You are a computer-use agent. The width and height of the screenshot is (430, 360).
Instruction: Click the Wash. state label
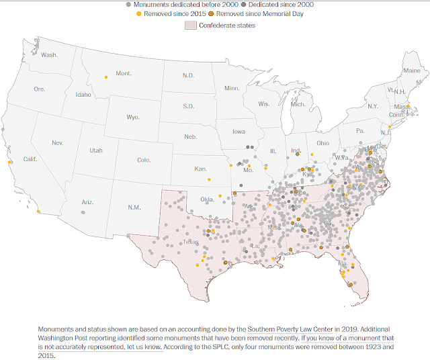click(x=49, y=54)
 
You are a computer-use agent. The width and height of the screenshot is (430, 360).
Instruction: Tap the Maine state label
click(x=411, y=70)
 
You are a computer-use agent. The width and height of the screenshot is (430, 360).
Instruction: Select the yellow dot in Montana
click(x=105, y=78)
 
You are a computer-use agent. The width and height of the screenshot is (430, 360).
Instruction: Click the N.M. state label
click(x=135, y=208)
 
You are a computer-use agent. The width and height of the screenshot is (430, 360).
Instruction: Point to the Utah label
click(x=96, y=151)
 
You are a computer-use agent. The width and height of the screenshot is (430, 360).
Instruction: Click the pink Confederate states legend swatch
click(x=189, y=26)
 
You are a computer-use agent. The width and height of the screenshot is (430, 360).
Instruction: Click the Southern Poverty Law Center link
click(x=297, y=328)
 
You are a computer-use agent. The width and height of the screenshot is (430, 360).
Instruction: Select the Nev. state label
click(x=57, y=143)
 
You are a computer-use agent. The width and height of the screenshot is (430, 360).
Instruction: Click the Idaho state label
click(x=83, y=95)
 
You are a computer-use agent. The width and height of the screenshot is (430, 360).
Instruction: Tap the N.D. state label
click(x=188, y=75)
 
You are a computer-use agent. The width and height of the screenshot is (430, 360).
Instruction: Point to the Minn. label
click(x=232, y=88)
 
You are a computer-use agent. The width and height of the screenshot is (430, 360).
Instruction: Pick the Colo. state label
click(x=144, y=160)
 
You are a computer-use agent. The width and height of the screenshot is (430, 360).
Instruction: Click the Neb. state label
click(x=191, y=137)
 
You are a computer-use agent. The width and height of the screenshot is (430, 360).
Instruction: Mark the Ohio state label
click(x=322, y=143)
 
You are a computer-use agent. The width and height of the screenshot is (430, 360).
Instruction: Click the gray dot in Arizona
click(x=83, y=212)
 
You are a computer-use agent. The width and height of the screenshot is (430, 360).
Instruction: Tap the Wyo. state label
click(x=133, y=118)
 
